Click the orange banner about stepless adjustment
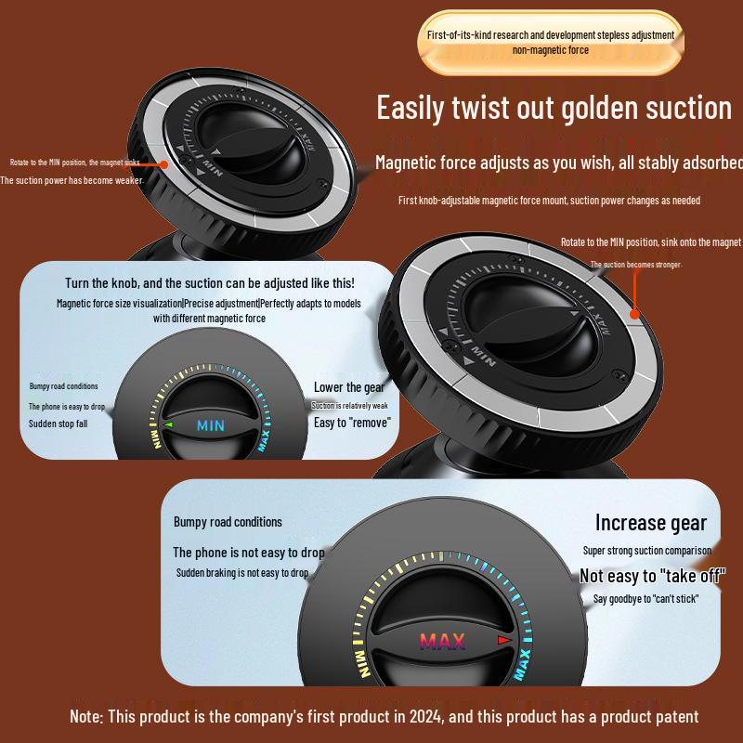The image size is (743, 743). (551, 41)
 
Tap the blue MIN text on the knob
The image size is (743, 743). (211, 426)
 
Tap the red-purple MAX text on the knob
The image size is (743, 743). (442, 641)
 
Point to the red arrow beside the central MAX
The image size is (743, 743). (504, 640)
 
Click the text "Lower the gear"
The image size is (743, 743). (349, 387)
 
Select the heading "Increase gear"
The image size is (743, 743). (650, 523)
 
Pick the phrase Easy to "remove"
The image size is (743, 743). (352, 423)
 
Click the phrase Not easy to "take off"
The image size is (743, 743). (652, 576)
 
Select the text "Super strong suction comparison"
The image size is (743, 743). (646, 551)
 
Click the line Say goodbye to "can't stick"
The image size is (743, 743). (645, 598)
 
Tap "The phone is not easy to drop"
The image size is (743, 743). (249, 553)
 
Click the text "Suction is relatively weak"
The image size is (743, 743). (349, 406)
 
